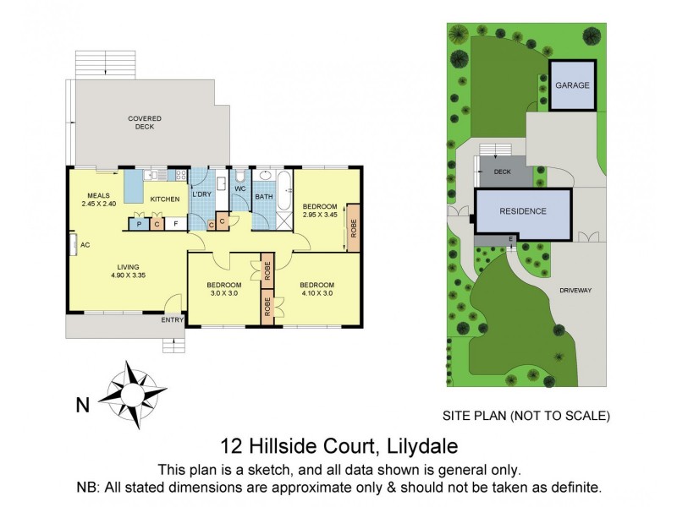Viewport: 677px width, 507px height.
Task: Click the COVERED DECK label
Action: (145, 123)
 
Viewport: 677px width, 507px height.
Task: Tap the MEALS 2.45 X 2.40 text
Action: (97, 199)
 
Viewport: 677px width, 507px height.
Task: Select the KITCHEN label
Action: (164, 199)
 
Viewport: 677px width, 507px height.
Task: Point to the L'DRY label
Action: (201, 194)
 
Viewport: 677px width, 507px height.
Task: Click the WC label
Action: (239, 189)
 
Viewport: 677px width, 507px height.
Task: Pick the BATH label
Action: (264, 198)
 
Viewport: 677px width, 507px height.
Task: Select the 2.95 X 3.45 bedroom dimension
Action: (321, 215)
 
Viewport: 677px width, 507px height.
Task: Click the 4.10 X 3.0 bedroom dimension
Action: (316, 294)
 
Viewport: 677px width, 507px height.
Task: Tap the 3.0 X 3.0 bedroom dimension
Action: (224, 294)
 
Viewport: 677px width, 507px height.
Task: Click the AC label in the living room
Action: (85, 245)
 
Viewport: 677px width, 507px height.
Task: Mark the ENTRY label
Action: (172, 319)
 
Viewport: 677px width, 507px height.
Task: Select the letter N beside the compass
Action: (83, 406)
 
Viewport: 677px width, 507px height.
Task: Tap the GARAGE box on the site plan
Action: (573, 85)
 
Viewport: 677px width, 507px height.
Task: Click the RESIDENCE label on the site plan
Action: (522, 211)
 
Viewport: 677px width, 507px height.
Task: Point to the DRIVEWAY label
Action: (575, 290)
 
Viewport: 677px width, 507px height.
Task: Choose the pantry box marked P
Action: (137, 224)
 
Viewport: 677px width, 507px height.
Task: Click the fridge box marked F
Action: (174, 224)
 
